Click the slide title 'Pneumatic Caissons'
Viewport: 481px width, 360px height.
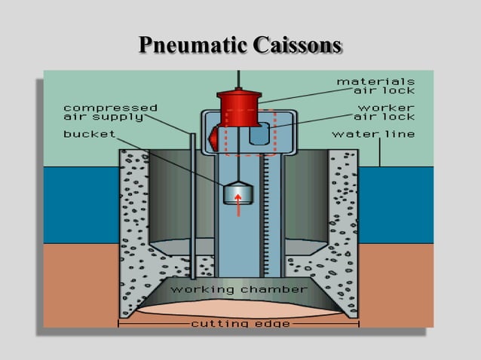(240, 45)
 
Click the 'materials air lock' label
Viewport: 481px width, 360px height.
(375, 86)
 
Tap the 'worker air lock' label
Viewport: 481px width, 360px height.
(384, 112)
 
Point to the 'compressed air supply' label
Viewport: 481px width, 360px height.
(110, 112)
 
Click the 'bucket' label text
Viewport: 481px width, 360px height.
(89, 135)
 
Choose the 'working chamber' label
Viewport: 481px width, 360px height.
(239, 289)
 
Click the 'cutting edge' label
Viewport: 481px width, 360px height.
(238, 323)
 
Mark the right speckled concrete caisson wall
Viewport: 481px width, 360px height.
(343, 226)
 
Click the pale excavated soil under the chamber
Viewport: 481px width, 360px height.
(239, 307)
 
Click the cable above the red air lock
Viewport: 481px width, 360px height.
(239, 80)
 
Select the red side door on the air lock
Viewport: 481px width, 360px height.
(214, 139)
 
